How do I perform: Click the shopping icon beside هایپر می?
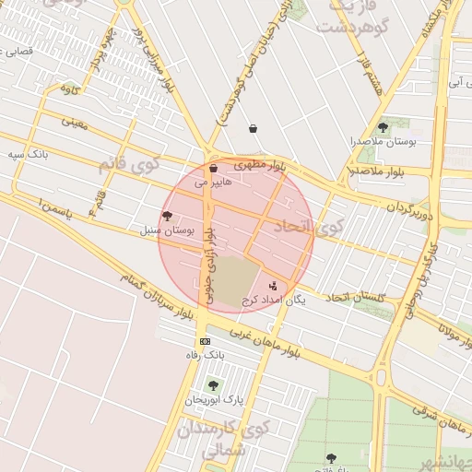[x=214, y=169]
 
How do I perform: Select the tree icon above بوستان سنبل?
[x=167, y=216]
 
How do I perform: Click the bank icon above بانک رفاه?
[x=205, y=341]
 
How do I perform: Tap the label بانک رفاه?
[x=205, y=355]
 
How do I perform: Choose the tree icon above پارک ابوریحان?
[x=214, y=385]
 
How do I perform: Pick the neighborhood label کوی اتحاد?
[x=327, y=225]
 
